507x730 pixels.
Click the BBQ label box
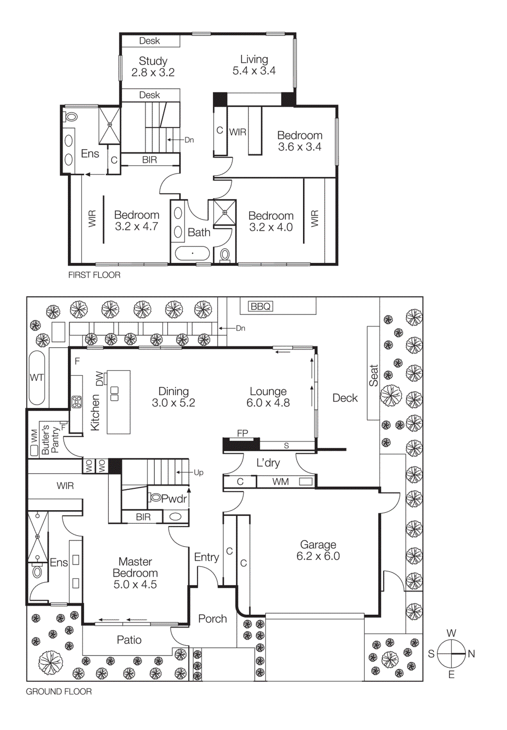pyautogui.click(x=261, y=306)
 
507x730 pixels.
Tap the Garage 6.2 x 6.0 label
pyautogui.click(x=318, y=550)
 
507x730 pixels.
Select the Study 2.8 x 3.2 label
pyautogui.click(x=153, y=67)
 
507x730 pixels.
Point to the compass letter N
pyautogui.click(x=471, y=654)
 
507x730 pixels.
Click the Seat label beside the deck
pyautogui.click(x=374, y=375)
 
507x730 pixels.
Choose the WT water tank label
pyautogui.click(x=36, y=378)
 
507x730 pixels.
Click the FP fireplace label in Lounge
pyautogui.click(x=242, y=433)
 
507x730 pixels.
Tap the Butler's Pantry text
pyautogui.click(x=50, y=440)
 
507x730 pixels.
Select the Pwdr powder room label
pyautogui.click(x=174, y=499)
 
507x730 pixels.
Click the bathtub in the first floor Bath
pyautogui.click(x=192, y=253)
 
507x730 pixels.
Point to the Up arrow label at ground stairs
pyautogui.click(x=198, y=473)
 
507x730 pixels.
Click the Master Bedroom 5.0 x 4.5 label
pyautogui.click(x=135, y=573)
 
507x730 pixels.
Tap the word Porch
pyautogui.click(x=212, y=619)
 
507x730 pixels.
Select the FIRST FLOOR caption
pyautogui.click(x=94, y=275)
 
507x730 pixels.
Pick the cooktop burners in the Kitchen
pyautogui.click(x=77, y=401)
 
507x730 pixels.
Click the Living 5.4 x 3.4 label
pyautogui.click(x=254, y=65)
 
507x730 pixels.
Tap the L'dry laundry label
pyautogui.click(x=268, y=463)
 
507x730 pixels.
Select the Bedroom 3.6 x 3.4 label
pyautogui.click(x=300, y=141)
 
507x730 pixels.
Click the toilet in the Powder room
pyautogui.click(x=156, y=498)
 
